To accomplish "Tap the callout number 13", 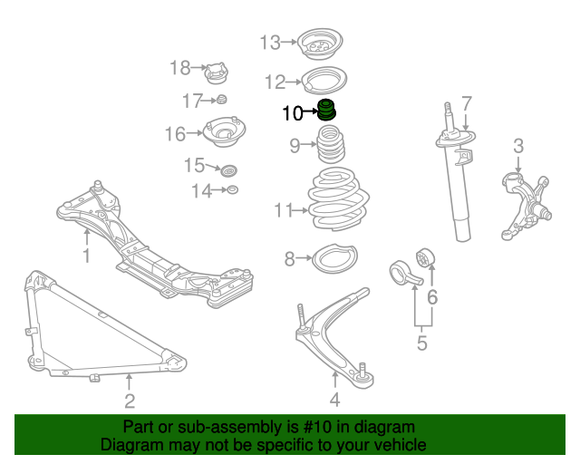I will (x=271, y=42).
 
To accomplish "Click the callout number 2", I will (x=130, y=401).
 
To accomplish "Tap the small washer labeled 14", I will (x=232, y=189).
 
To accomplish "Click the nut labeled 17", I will (x=220, y=99).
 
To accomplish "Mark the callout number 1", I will (x=87, y=256).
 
